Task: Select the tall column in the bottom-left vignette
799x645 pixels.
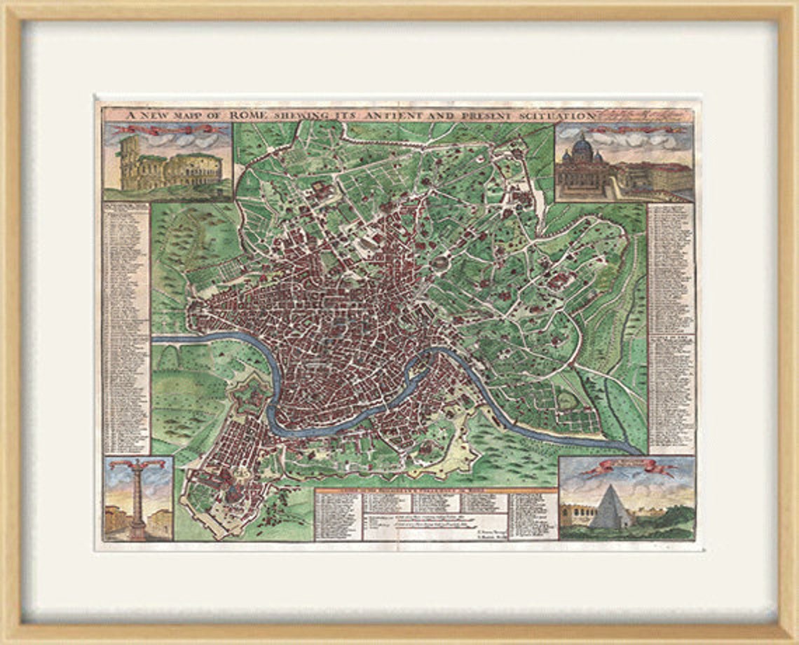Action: [138, 501]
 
